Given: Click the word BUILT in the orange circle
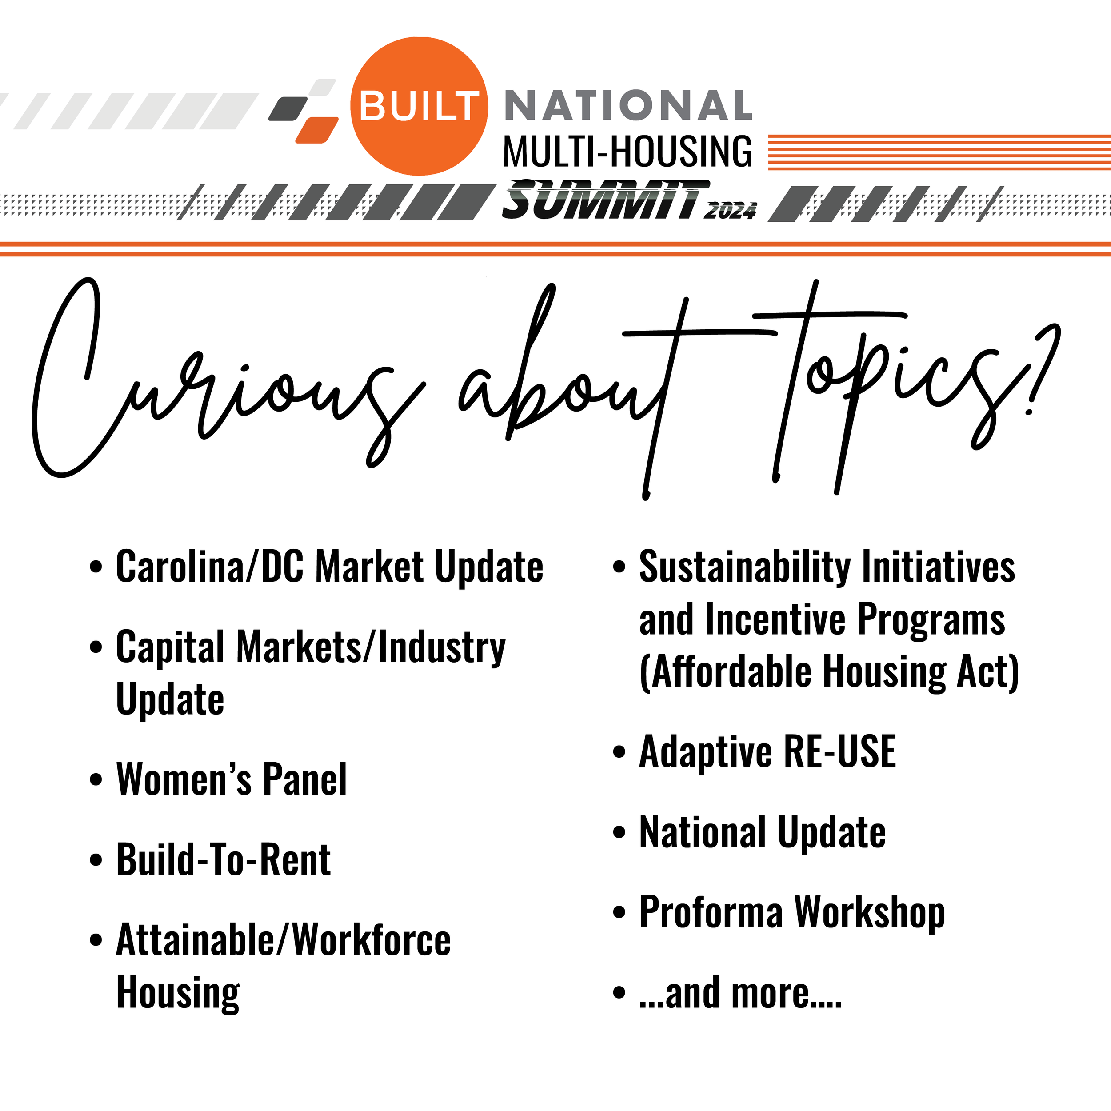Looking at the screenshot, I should [x=419, y=106].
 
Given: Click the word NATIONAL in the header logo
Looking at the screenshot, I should [x=628, y=106].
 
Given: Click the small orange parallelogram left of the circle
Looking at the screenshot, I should [x=317, y=130].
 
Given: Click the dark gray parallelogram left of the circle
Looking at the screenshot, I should [x=289, y=109].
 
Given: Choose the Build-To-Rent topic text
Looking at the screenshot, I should [x=223, y=860].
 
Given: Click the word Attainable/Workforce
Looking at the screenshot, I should [x=284, y=941].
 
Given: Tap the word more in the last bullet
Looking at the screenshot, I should [x=771, y=993].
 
